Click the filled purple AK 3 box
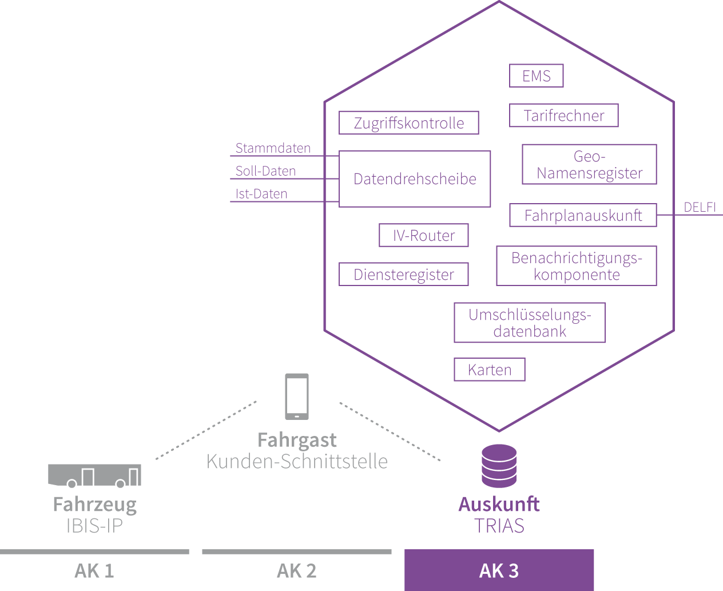(499, 570)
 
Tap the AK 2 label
(296, 572)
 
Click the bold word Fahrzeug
(95, 505)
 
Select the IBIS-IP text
(95, 526)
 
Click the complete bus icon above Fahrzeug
(94, 475)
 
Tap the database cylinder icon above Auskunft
(499, 466)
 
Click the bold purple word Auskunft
(499, 505)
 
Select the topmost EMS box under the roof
(536, 76)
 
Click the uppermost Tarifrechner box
(563, 116)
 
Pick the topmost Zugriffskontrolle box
(408, 123)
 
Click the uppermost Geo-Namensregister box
(589, 164)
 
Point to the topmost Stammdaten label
(273, 148)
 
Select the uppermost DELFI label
(700, 207)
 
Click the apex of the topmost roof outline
(499, 2)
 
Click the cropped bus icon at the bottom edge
(94, 579)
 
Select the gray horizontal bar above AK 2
(296, 552)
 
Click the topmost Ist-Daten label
(261, 194)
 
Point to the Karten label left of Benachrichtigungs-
(489, 370)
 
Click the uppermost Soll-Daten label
(265, 171)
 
